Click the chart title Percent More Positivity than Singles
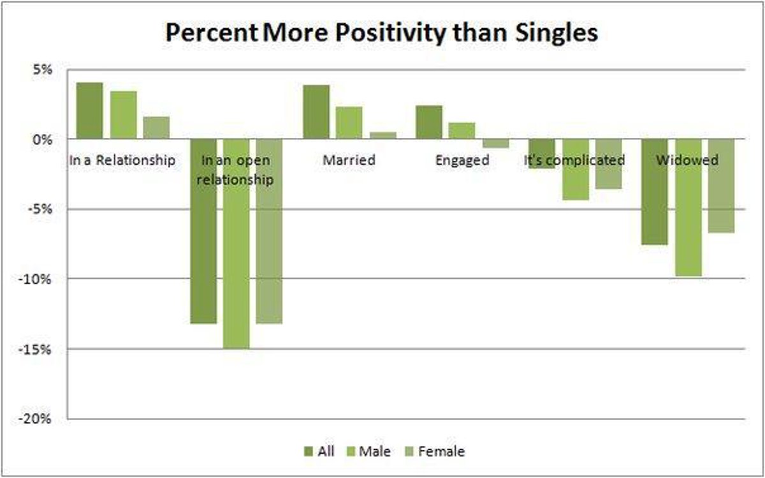coord(381,33)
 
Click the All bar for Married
coord(316,112)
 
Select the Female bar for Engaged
coord(495,143)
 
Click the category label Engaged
coord(462,160)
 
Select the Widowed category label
coord(687,160)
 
